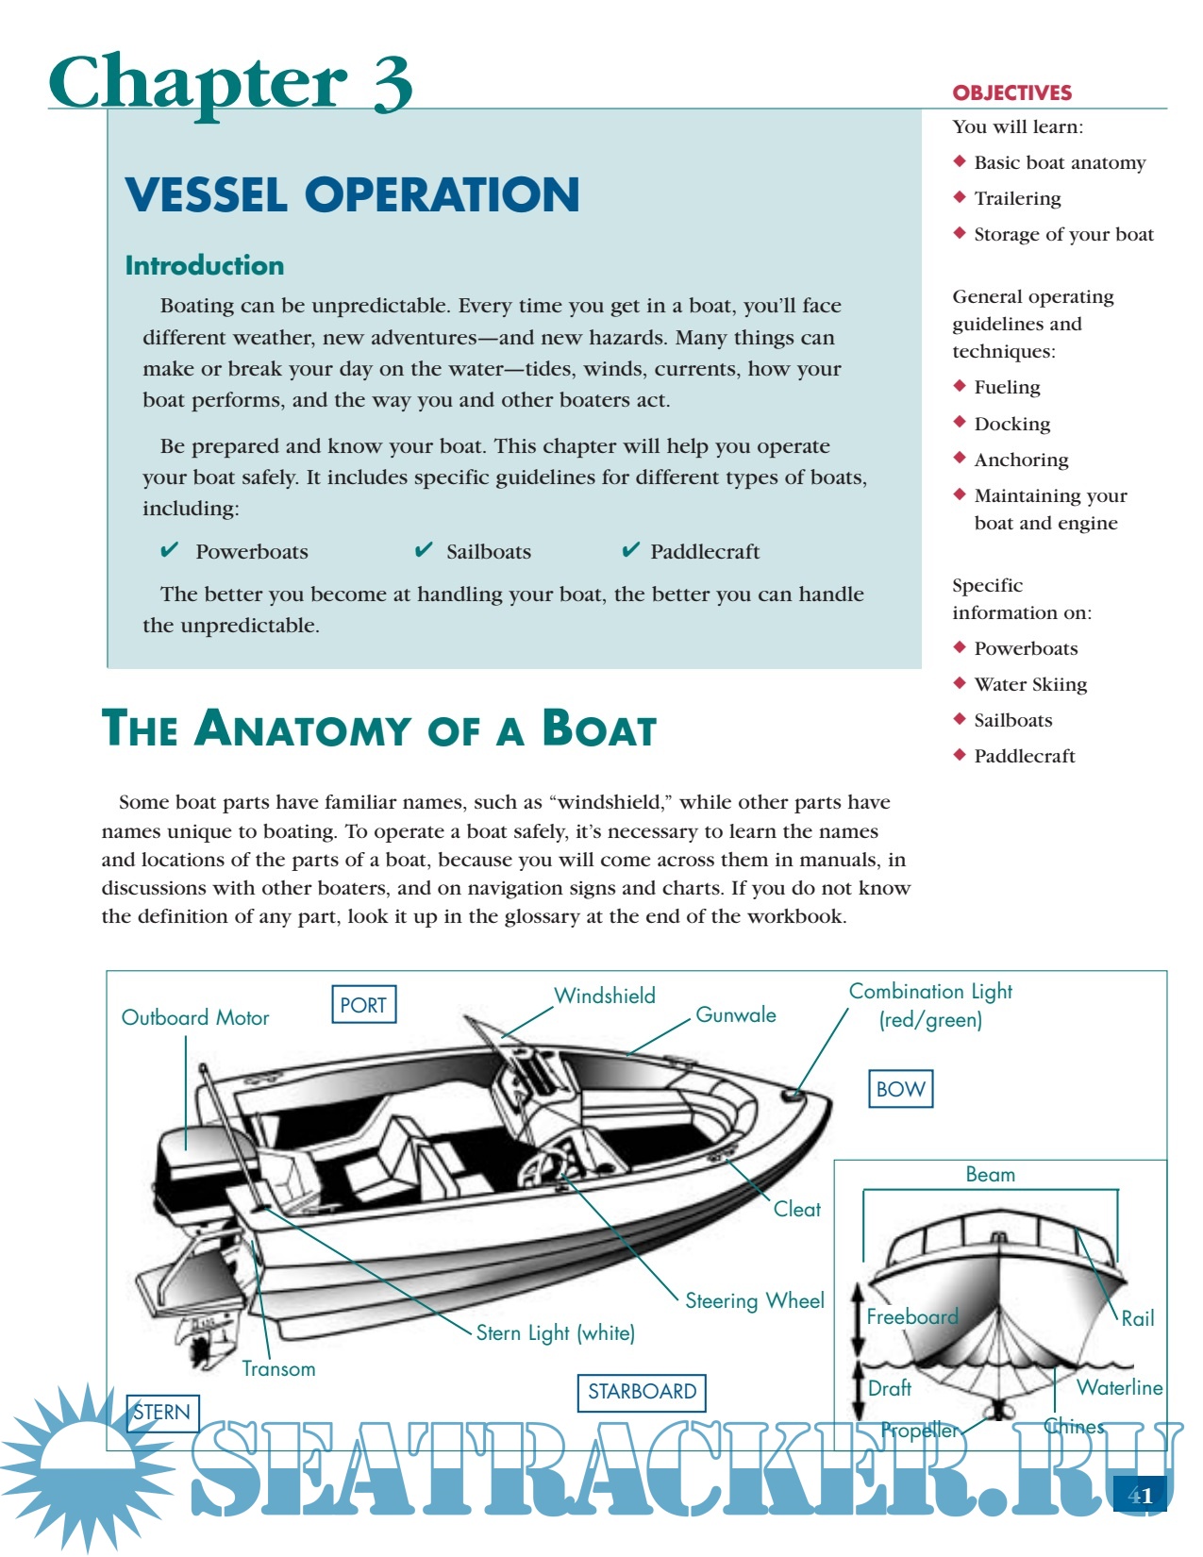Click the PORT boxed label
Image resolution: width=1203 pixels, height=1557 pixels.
click(363, 1004)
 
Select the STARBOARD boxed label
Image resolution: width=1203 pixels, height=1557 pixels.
click(642, 1391)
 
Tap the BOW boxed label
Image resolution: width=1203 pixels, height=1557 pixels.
click(900, 1089)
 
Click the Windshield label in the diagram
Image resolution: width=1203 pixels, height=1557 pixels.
click(604, 996)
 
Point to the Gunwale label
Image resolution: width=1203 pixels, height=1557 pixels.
click(736, 1015)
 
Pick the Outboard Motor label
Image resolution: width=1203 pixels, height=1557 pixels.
click(195, 1017)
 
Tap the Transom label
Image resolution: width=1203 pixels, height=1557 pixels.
click(278, 1368)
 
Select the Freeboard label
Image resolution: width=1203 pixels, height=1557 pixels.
click(912, 1316)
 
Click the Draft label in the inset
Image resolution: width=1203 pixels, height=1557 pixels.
click(890, 1388)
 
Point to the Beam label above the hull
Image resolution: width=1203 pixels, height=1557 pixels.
click(991, 1174)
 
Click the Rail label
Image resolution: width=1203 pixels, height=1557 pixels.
click(1138, 1318)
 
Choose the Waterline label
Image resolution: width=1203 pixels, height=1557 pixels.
click(1120, 1387)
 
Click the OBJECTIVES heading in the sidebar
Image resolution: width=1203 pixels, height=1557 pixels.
click(1012, 92)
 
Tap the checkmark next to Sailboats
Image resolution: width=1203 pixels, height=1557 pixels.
click(424, 550)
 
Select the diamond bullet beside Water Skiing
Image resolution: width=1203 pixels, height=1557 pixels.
click(960, 682)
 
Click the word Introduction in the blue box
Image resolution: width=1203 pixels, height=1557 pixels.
click(205, 265)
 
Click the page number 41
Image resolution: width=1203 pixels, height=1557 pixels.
click(1141, 1496)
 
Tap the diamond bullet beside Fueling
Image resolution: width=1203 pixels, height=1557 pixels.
click(960, 385)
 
